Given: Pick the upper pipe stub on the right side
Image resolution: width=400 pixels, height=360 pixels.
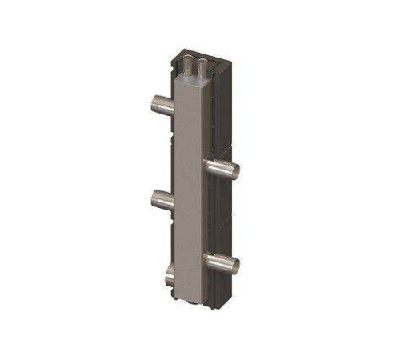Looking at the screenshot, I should coord(222,168).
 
